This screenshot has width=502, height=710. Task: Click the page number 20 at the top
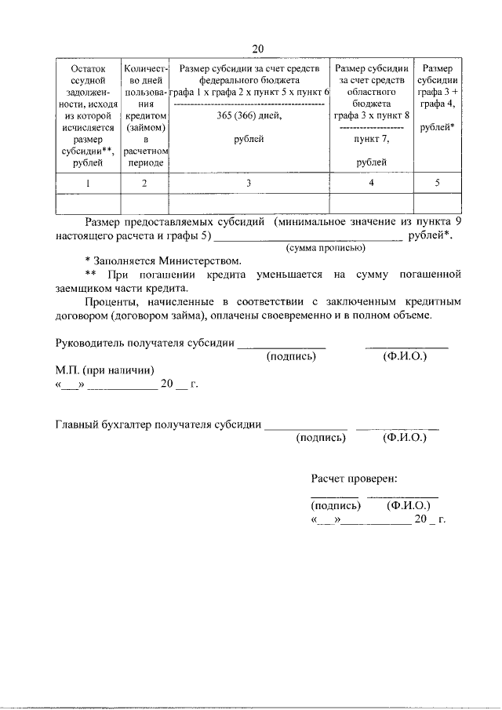(257, 49)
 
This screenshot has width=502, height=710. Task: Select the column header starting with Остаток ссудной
(88, 115)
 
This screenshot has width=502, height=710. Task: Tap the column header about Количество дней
(145, 115)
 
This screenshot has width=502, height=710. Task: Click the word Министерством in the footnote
(199, 260)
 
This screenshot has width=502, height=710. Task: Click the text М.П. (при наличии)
(104, 370)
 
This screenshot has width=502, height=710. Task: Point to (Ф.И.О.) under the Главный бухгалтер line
(404, 438)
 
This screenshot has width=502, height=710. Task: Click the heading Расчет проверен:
(354, 478)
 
